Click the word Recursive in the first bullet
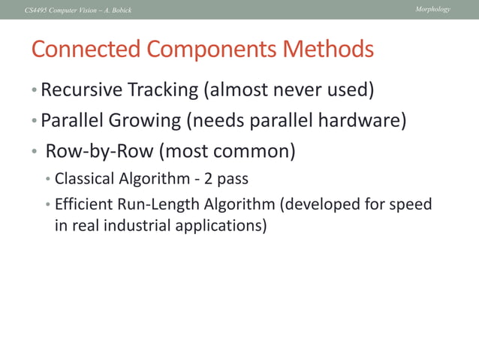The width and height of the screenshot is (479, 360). [80, 90]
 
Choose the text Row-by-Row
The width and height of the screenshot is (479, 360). [99, 151]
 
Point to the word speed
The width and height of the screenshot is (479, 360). [412, 204]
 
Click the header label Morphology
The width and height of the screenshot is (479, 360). [432, 9]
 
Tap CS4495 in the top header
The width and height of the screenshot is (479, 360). [37, 10]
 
